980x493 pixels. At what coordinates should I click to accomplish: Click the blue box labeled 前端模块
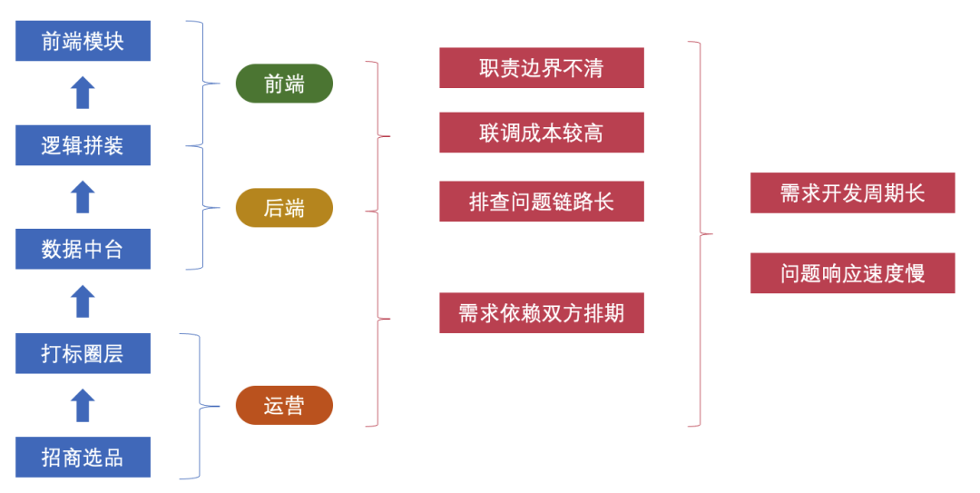pos(83,41)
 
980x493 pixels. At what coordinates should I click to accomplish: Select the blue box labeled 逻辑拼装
pos(83,145)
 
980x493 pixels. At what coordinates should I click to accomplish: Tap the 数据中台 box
pos(83,249)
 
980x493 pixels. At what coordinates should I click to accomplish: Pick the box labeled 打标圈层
pos(83,353)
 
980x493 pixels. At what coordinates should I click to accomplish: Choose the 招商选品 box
pos(83,457)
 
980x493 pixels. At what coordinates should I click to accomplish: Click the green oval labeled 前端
pos(284,84)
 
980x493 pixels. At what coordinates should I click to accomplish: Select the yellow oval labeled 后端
pos(284,208)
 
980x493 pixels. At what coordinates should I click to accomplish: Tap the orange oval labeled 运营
pos(284,405)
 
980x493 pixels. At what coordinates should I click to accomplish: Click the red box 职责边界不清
pos(541,68)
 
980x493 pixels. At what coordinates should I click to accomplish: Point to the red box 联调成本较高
pos(541,133)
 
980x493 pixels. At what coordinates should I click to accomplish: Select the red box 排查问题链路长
pos(541,202)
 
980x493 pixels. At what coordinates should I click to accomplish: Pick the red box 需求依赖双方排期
pos(541,313)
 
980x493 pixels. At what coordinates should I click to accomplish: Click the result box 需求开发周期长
pos(852,192)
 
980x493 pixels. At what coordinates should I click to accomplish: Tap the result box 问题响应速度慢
pos(852,273)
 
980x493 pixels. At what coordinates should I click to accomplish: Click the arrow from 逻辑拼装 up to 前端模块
pos(83,93)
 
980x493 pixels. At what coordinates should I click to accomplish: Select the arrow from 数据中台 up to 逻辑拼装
pos(83,197)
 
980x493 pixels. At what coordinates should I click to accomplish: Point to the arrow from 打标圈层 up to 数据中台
pos(83,301)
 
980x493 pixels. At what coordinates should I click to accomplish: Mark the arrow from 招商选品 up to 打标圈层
pos(83,405)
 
